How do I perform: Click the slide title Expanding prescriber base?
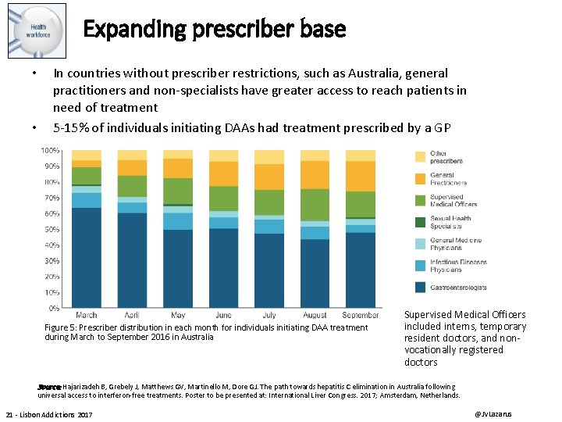214,30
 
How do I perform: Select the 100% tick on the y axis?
50,150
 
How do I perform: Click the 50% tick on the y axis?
51,229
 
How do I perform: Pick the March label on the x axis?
87,315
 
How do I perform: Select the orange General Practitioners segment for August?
315,174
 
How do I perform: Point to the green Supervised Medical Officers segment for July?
270,202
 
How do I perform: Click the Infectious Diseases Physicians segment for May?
178,221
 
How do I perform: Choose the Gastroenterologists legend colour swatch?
419,287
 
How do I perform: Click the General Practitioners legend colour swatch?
419,178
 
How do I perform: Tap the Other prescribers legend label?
446,156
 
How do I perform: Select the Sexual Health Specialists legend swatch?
419,222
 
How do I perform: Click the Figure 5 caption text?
206,332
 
